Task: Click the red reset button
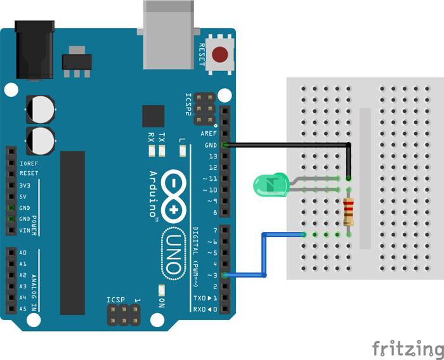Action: [x=220, y=55]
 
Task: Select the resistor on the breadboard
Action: [x=349, y=212]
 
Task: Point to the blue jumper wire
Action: [x=264, y=254]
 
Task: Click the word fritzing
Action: [x=407, y=349]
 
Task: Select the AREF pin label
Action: [x=209, y=134]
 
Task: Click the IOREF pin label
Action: [x=29, y=162]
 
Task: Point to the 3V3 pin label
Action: [x=25, y=185]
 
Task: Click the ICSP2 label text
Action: [x=188, y=105]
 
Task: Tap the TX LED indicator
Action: [x=163, y=151]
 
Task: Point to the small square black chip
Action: [x=153, y=117]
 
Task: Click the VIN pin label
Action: [x=25, y=230]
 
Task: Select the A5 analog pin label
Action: [x=23, y=309]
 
